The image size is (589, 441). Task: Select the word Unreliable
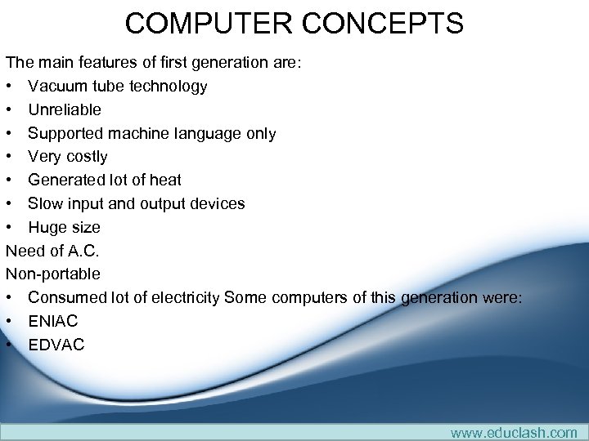[x=65, y=109]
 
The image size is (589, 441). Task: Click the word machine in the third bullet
[x=138, y=133]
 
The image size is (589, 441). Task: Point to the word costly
[x=86, y=156]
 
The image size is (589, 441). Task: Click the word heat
[x=165, y=180]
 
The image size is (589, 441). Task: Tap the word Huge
[x=47, y=227]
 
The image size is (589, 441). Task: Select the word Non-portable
[x=53, y=274]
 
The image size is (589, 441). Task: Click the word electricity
[x=178, y=297]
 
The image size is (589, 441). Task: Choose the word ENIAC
[x=53, y=321]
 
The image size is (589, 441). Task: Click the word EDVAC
[x=56, y=345]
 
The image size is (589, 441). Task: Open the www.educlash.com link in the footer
[x=514, y=432]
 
